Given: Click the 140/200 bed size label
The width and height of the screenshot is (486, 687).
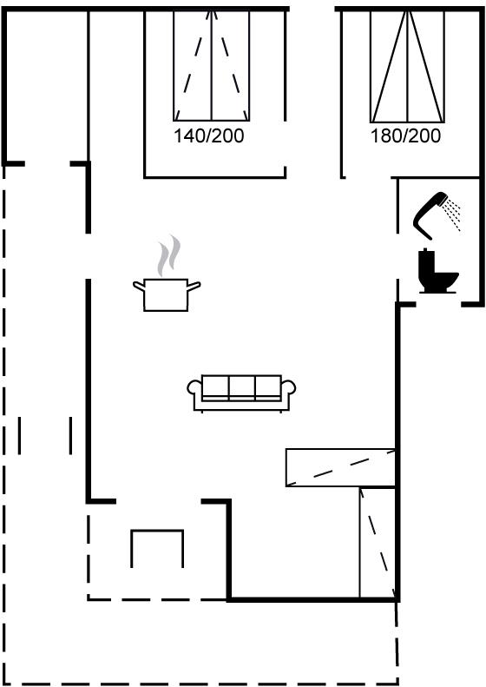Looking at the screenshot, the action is (209, 135).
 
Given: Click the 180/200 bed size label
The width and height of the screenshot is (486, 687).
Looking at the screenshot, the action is (405, 135).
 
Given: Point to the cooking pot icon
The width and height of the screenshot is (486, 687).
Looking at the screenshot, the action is (167, 295).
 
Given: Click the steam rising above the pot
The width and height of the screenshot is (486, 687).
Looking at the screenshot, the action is (169, 256).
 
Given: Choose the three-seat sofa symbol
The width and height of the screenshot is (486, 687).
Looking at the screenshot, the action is (241, 393).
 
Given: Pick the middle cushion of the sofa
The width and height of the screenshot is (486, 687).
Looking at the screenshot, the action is (241, 386).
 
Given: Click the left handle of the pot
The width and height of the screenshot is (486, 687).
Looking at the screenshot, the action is (139, 287).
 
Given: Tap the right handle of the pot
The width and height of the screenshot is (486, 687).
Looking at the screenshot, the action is (194, 287).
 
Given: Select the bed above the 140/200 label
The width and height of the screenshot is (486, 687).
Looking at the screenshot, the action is (212, 66).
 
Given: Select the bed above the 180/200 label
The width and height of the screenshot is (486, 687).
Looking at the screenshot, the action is (407, 67).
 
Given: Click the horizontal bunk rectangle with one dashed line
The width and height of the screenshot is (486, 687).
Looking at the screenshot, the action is (341, 467).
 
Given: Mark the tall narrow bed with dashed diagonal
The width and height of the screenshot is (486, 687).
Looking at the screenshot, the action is (378, 543).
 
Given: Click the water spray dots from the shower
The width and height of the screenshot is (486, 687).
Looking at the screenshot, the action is (452, 215).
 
